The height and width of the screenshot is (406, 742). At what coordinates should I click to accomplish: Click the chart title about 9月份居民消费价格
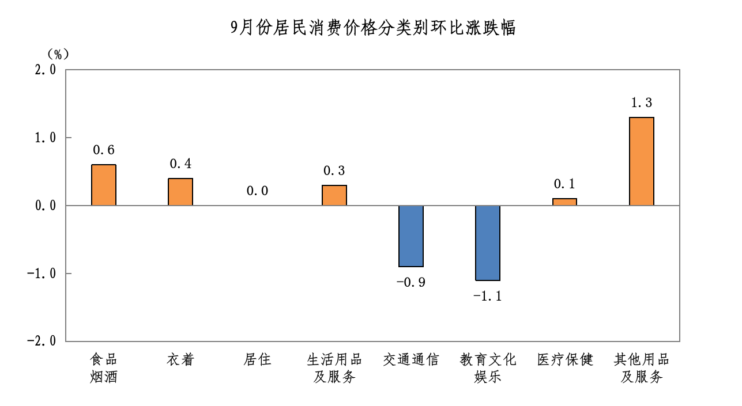pos(372,27)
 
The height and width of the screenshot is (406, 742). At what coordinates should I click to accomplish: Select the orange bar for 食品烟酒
pos(104,185)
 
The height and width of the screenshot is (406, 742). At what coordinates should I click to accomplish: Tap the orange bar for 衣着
pos(180,192)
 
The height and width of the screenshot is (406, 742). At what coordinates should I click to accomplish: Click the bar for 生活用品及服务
pos(334,195)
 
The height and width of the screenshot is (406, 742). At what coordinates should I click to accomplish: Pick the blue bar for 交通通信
pos(411,236)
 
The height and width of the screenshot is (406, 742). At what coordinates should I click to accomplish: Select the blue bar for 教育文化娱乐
pos(488,243)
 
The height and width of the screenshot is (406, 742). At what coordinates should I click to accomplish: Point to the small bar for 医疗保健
pos(564,202)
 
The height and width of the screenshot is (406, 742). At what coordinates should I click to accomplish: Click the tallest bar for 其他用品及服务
pos(642,161)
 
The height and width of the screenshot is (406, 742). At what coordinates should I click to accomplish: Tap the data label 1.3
pos(642,103)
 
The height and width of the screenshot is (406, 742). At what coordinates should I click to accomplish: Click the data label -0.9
pos(410,283)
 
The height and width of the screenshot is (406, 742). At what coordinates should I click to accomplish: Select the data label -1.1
pos(487,297)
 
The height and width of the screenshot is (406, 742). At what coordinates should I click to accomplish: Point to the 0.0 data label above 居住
pos(258,191)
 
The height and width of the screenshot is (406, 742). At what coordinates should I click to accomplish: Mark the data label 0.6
pos(104,150)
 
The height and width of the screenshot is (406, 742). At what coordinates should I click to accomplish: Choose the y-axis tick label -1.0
pos(42,274)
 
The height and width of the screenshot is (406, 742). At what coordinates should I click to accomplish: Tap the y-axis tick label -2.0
pos(42,341)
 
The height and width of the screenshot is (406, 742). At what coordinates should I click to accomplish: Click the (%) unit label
pos(58,54)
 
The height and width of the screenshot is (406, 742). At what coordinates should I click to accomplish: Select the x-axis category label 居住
pos(257,360)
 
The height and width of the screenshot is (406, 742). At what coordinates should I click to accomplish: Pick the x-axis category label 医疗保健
pos(564,360)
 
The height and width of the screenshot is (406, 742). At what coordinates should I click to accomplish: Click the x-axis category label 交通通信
pos(411,360)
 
